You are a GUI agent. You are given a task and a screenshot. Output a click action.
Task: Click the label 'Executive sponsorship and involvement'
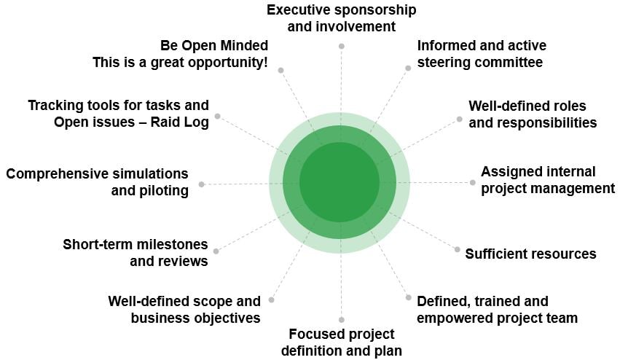[341, 19]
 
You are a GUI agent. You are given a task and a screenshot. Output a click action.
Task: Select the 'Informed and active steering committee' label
[481, 54]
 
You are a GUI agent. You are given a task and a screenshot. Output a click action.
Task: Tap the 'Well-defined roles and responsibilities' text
[532, 114]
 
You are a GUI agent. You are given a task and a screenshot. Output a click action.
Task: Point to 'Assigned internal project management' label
[547, 180]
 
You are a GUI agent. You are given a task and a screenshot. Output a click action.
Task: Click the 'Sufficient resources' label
[530, 254]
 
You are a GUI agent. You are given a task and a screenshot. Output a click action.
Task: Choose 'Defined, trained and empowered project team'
[497, 309]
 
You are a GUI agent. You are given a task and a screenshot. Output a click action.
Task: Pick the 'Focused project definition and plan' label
[341, 342]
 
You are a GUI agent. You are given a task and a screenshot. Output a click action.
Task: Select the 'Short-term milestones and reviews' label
[135, 252]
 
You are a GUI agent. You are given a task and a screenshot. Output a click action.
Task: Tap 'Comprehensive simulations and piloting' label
[97, 182]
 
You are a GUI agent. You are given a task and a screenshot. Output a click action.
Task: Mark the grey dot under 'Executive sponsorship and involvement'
[341, 46]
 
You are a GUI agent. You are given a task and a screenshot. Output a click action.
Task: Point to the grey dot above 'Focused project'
[341, 319]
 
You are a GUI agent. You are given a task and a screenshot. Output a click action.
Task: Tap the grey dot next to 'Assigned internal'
[472, 182]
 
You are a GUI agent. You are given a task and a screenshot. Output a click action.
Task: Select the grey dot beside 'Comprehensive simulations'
[202, 184]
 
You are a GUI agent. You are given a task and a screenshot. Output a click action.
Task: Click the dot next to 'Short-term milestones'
[216, 251]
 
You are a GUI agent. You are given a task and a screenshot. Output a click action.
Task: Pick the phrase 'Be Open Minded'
[214, 46]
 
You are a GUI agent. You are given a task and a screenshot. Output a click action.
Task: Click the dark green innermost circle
[339, 181]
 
